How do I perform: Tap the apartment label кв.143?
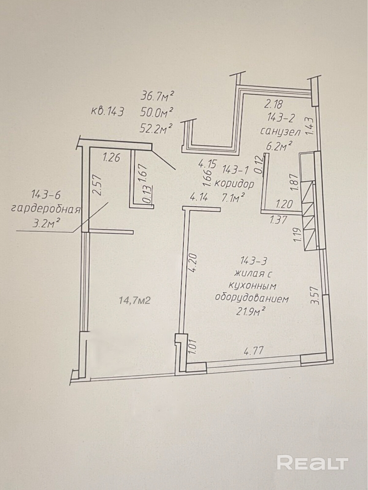point(108,111)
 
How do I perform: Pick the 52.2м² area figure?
point(156,128)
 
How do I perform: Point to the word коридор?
point(234,184)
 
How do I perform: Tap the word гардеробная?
point(46,209)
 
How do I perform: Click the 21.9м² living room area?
point(251,311)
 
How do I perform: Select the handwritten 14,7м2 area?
point(135,301)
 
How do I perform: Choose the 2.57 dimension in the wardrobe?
point(97,185)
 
